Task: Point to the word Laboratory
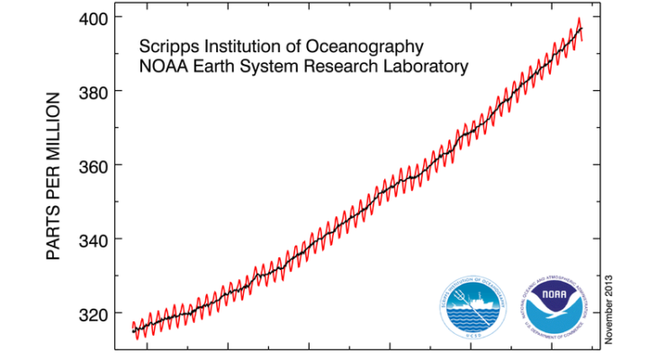(x=424, y=67)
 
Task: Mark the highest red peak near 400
(x=579, y=19)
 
